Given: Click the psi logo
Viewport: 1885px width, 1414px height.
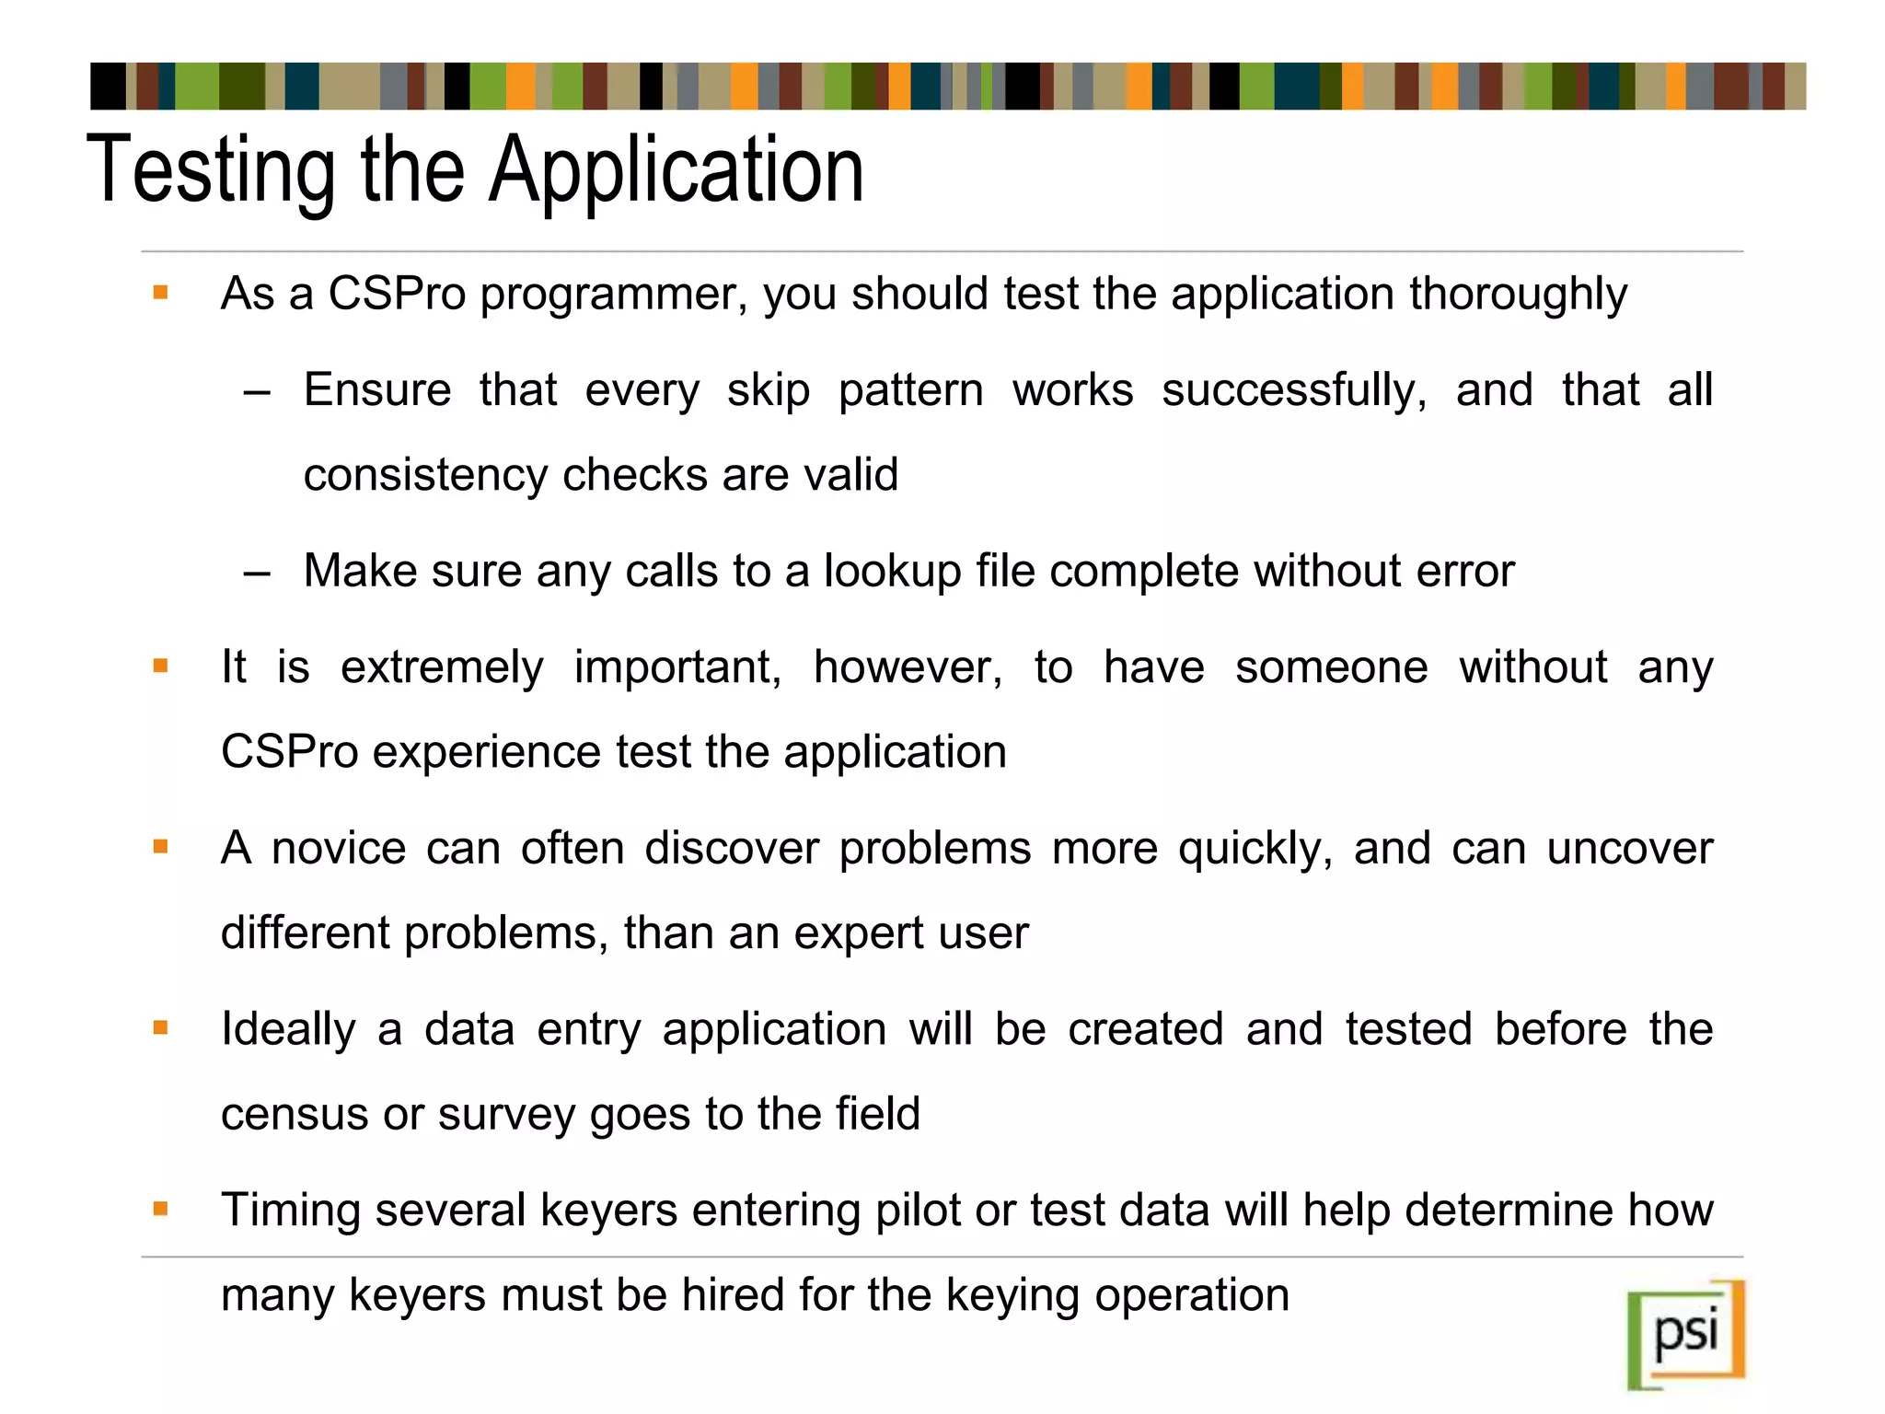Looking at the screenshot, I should (x=1686, y=1334).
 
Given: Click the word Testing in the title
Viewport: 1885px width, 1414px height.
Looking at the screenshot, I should (x=211, y=171).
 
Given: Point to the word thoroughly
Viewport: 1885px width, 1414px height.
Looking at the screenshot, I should (x=1518, y=296).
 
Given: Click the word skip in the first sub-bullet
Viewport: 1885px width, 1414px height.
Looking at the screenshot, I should (x=768, y=389).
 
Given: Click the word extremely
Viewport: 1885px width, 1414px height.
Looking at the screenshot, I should (x=442, y=666).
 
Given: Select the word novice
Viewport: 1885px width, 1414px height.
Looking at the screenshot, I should (x=339, y=848).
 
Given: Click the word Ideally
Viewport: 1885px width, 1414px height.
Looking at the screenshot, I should (x=288, y=1029).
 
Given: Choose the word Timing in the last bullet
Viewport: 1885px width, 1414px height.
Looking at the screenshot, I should (x=290, y=1211).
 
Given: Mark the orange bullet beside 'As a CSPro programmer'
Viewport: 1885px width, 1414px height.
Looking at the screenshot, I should (x=161, y=294).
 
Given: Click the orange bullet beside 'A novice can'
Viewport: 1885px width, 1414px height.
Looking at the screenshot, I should (x=161, y=847).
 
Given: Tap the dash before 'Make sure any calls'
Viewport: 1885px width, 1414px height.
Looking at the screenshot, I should (x=258, y=574).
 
